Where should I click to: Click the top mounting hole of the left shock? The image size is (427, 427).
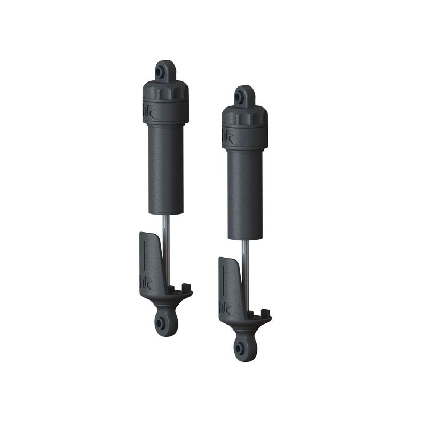pos(165,69)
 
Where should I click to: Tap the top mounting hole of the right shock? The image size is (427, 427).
pos(244,94)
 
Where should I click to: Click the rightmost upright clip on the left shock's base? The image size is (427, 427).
pos(188,289)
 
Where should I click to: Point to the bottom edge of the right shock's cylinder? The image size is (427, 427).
pos(244,238)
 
